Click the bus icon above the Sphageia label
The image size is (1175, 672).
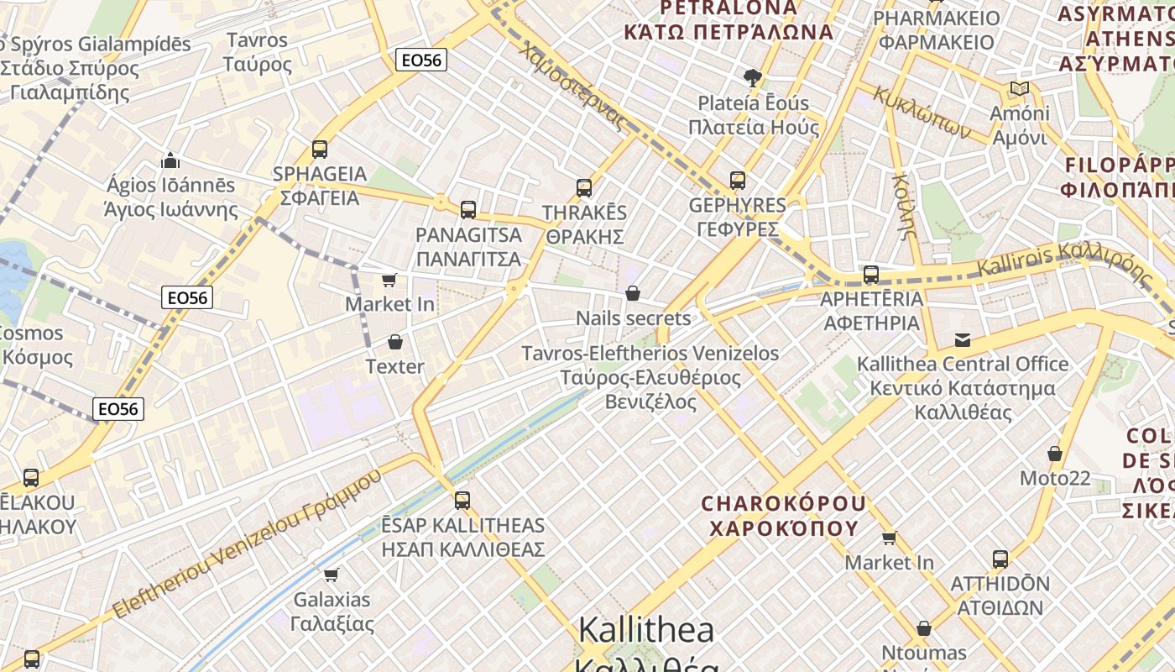coord(319,150)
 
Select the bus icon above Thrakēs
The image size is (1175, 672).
coord(584,188)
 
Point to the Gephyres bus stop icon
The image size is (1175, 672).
coord(738,181)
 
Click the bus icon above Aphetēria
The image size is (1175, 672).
coord(871,275)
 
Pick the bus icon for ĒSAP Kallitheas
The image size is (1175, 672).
coord(462,501)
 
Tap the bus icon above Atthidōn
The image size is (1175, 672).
coord(1000,559)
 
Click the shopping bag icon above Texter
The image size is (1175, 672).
coord(394,342)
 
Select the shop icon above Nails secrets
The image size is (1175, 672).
coord(633,293)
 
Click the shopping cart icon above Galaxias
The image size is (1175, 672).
coord(332,575)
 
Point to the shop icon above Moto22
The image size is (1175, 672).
coord(1055,454)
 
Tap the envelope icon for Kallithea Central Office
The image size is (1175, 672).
coord(963,339)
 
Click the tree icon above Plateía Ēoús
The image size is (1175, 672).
coord(753,78)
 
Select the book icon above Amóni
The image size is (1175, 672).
coord(1020,89)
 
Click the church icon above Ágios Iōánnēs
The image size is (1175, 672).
coord(170,160)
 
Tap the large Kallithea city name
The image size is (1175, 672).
coord(646,630)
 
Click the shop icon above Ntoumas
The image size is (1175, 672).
coord(923,628)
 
